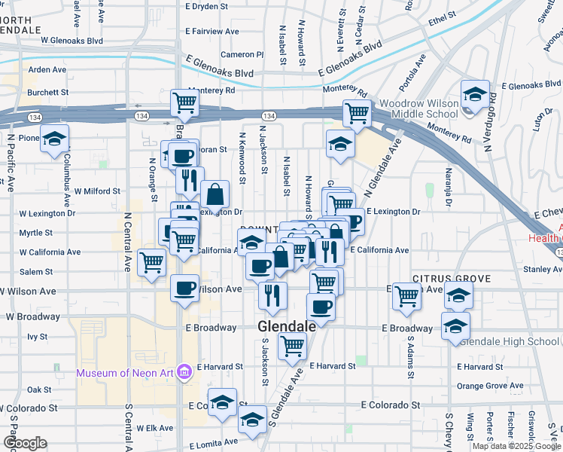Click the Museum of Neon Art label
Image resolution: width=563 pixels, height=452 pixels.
[124, 373]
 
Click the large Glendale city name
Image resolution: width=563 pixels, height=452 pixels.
[285, 326]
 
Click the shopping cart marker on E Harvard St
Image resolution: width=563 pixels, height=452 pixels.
[291, 347]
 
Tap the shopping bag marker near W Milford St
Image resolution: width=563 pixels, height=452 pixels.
[215, 194]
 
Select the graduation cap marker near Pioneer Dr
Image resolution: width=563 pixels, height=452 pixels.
[54, 139]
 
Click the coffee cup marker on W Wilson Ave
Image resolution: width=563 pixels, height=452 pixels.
[184, 288]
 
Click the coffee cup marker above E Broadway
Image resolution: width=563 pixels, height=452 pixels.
[321, 307]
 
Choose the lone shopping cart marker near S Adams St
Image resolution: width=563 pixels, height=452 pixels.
[407, 295]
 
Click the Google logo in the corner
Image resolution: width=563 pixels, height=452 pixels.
[25, 442]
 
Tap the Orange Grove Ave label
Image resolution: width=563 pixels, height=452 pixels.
[489, 386]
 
